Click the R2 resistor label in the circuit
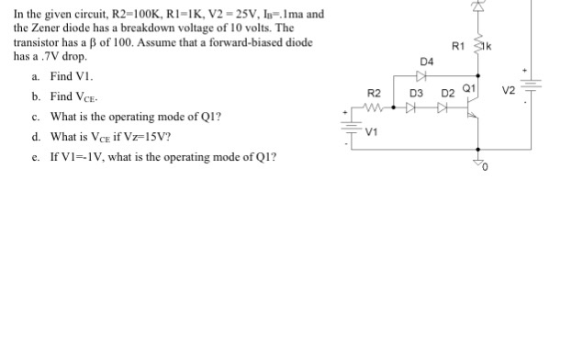[374, 94]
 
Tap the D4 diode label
[425, 62]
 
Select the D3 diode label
[415, 94]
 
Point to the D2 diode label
[447, 94]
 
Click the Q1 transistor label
[468, 90]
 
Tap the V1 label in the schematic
[371, 130]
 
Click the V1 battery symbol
[349, 127]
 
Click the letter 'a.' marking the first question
[35, 76]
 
